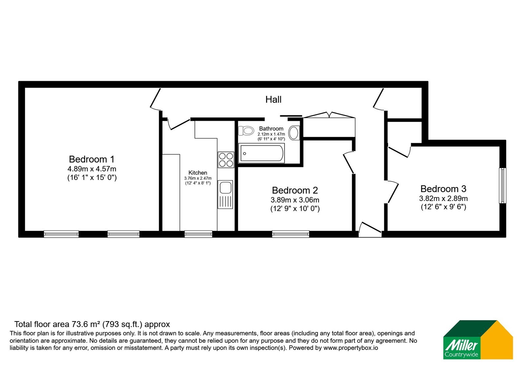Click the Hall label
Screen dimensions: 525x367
(x=273, y=100)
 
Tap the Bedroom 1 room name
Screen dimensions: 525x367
(x=92, y=159)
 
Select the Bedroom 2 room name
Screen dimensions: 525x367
(x=295, y=190)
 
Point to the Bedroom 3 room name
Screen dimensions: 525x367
(x=443, y=189)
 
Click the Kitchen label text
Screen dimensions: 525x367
(x=198, y=173)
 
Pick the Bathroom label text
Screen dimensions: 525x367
(x=271, y=128)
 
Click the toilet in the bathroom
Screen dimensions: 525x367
(x=246, y=131)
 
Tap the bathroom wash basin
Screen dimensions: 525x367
(x=294, y=133)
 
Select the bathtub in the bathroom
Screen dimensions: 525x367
(x=262, y=153)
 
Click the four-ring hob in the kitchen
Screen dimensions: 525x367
(x=226, y=160)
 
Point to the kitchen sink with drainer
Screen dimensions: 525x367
(x=225, y=194)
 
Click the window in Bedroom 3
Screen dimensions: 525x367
(x=502, y=185)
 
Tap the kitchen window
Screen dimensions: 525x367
(x=198, y=234)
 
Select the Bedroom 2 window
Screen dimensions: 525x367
(x=291, y=234)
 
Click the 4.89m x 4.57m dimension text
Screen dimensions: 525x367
(x=92, y=169)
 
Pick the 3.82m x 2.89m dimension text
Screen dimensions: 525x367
(x=443, y=199)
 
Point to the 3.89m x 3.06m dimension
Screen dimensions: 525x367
(x=295, y=200)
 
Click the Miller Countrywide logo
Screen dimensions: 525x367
(x=478, y=339)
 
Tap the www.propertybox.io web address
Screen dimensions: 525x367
(x=351, y=348)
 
